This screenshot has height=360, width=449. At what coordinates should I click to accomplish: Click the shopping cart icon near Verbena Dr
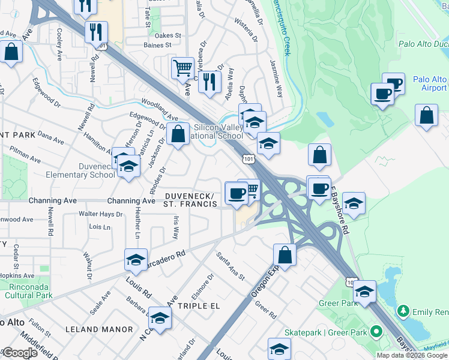tap(182, 67)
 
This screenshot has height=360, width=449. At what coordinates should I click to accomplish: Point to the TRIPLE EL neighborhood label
tap(200, 305)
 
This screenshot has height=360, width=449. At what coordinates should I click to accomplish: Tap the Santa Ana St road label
tap(231, 266)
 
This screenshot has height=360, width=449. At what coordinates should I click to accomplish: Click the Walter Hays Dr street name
tap(101, 214)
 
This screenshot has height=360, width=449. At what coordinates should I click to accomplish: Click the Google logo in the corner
tap(20, 353)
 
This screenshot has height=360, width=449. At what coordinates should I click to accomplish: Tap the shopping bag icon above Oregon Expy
tap(285, 254)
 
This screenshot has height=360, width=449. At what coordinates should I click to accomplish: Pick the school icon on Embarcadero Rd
tap(136, 259)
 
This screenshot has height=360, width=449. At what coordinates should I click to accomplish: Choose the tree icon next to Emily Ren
tap(403, 311)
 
